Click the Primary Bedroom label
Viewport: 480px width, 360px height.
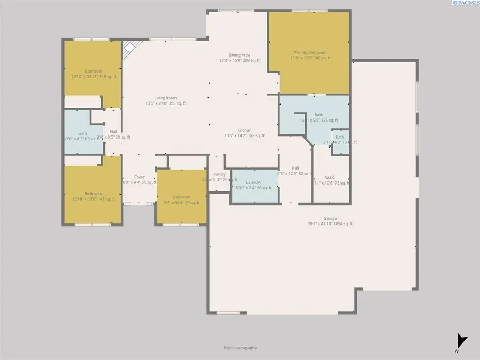[x=310, y=55]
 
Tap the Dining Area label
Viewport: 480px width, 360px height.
[x=239, y=58]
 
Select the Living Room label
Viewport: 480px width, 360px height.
[x=165, y=100]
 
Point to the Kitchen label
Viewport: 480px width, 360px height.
[x=244, y=133]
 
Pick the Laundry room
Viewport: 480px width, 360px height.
[x=254, y=185]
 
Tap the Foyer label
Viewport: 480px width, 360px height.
[x=139, y=179]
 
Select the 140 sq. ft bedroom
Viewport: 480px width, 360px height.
[x=93, y=74]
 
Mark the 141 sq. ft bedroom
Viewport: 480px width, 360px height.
[x=93, y=196]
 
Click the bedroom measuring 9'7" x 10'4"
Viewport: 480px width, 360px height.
[x=181, y=200]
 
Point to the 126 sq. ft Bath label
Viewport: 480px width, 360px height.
[x=318, y=117]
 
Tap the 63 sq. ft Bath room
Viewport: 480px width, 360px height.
[x=83, y=136]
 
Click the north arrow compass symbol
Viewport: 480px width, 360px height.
[x=461, y=340]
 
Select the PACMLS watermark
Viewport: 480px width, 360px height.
[x=465, y=3]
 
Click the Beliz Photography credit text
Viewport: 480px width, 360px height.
[x=240, y=348]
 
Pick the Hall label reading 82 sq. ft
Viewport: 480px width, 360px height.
[x=295, y=171]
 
